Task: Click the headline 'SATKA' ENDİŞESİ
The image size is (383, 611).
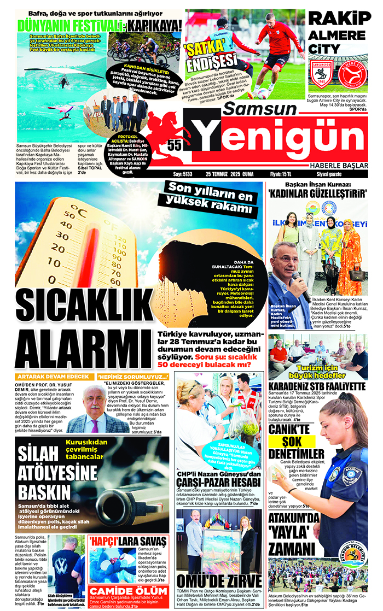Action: coord(210,56)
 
